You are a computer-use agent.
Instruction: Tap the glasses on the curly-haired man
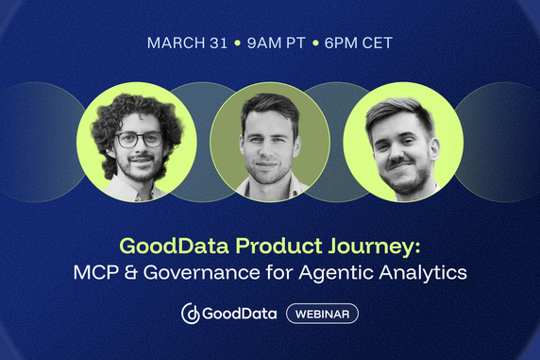click(x=139, y=139)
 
